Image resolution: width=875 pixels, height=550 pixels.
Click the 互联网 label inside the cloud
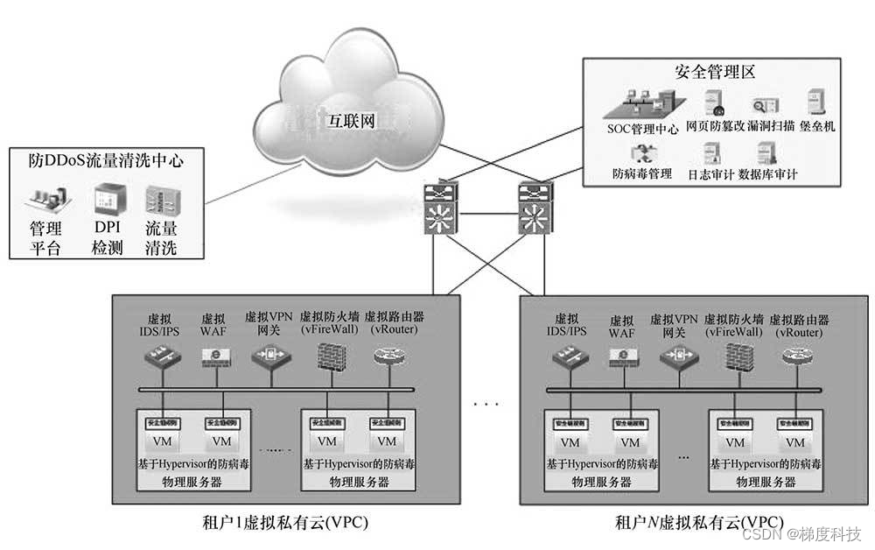[x=350, y=121]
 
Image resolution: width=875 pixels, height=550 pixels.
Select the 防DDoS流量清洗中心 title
[x=105, y=159]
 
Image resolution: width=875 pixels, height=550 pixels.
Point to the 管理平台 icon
[x=44, y=201]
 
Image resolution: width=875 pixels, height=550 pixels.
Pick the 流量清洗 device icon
[x=160, y=201]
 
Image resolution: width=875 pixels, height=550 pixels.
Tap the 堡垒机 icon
[x=818, y=102]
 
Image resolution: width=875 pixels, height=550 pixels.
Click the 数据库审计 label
[x=767, y=174]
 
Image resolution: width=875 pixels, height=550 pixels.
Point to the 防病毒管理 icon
[x=641, y=154]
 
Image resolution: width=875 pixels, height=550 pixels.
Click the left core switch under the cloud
[x=437, y=208]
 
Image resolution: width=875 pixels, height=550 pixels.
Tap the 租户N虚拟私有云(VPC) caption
[x=697, y=523]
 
